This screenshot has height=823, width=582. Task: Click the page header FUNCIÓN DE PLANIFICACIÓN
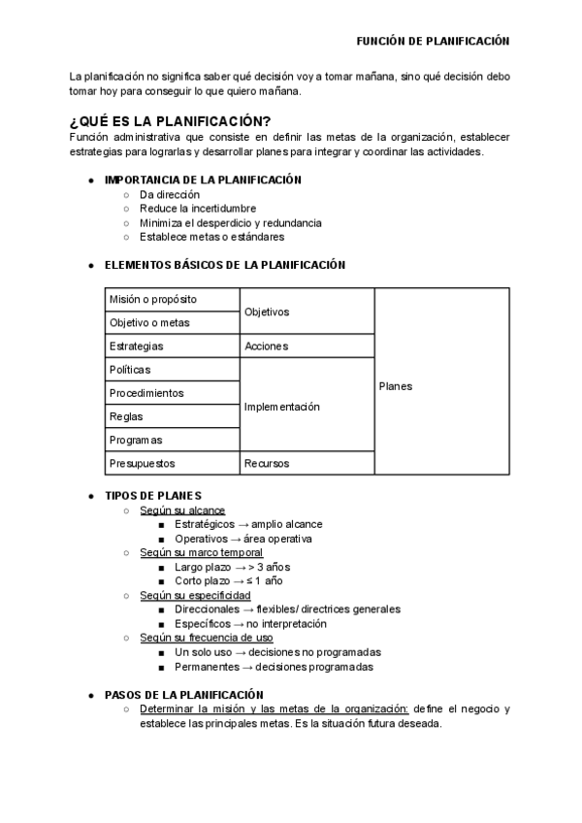[433, 42]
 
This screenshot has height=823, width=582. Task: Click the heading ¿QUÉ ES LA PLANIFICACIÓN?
[170, 121]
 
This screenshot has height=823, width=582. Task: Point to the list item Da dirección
[170, 194]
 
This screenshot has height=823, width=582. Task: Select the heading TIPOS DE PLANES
[153, 495]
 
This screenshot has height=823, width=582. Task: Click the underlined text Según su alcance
[182, 510]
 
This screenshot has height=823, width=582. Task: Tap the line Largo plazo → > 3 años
[232, 567]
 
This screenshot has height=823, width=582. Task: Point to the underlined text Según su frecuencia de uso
[206, 638]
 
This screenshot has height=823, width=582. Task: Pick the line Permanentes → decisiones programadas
[274, 667]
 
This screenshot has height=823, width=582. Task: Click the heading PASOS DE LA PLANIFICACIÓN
[183, 695]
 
